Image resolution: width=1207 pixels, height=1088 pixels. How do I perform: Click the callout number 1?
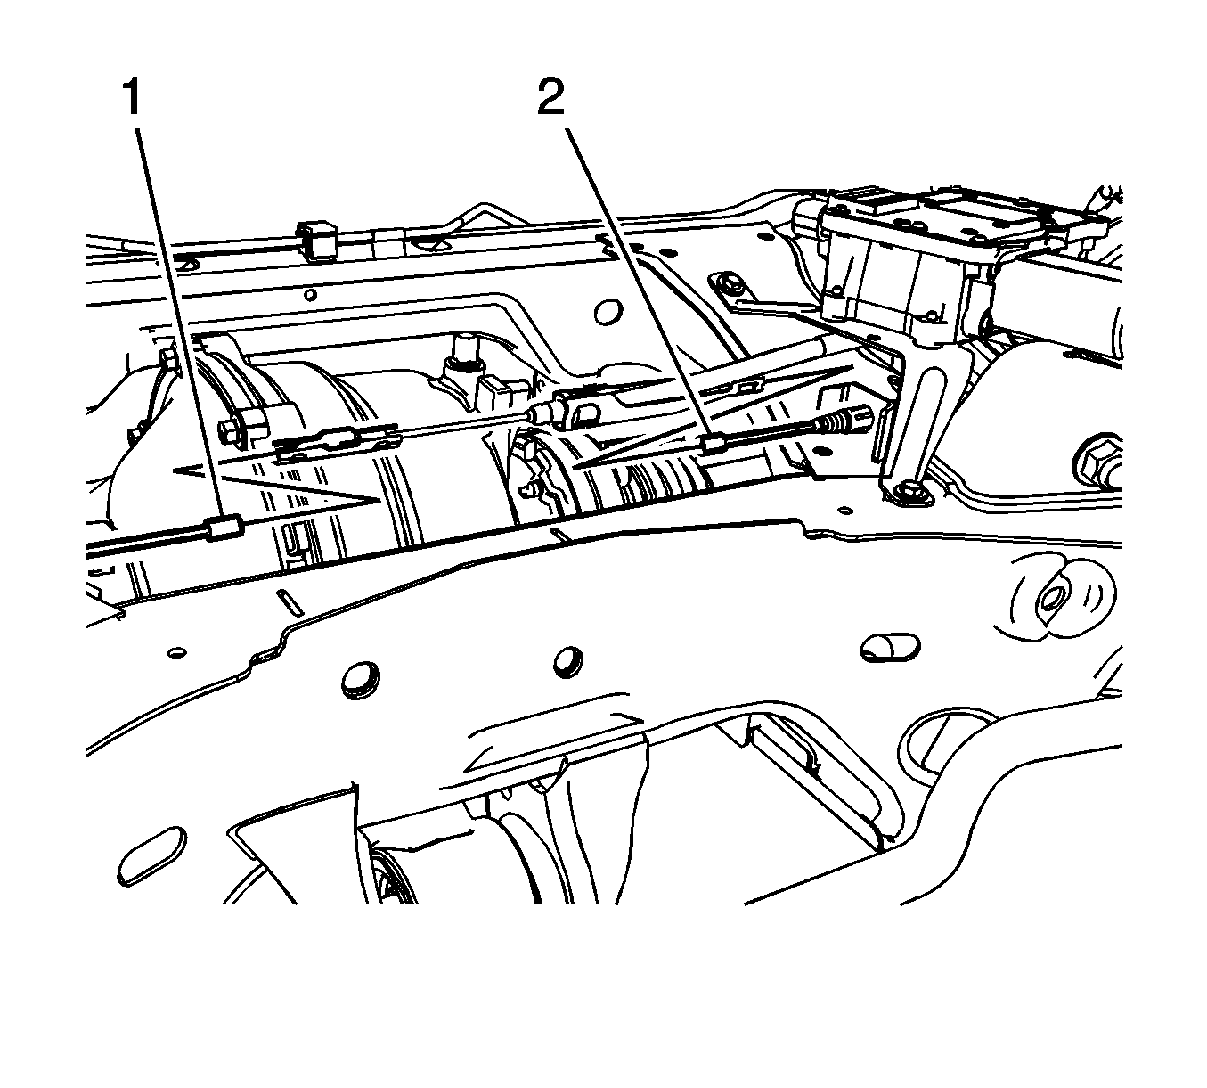[x=131, y=99]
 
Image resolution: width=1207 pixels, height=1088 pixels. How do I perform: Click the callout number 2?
[x=550, y=99]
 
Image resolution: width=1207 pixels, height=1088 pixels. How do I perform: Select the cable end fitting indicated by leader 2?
[x=714, y=445]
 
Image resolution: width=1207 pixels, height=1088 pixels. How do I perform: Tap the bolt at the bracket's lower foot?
[x=908, y=492]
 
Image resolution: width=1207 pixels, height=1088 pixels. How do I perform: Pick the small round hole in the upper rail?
[x=311, y=294]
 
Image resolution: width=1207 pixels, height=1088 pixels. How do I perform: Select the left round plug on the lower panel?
[x=360, y=683]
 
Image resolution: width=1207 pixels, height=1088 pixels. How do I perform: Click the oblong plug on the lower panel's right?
[x=890, y=647]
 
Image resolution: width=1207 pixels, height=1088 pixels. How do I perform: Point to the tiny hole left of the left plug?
[x=177, y=652]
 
